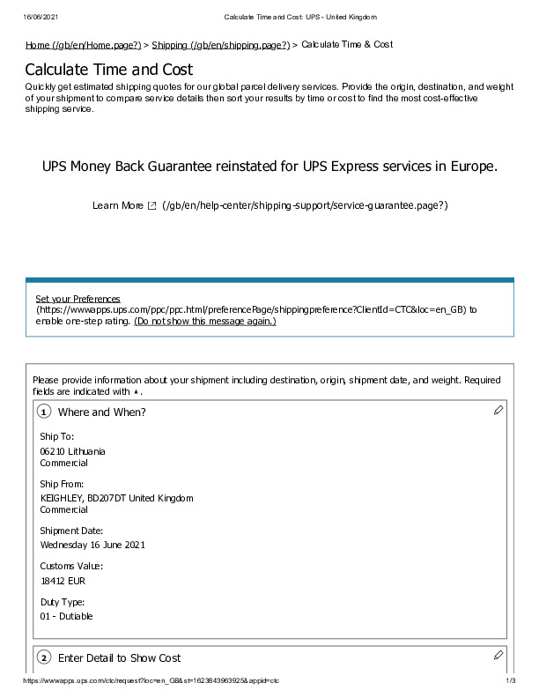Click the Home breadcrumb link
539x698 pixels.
click(83, 45)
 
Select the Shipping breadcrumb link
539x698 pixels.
click(220, 45)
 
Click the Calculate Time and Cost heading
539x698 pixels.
click(108, 70)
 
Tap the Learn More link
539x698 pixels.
click(117, 205)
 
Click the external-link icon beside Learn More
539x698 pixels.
click(151, 205)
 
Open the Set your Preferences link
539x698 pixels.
click(78, 299)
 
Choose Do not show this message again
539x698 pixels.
click(204, 322)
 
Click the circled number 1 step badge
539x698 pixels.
click(44, 412)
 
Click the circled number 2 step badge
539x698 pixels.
click(44, 658)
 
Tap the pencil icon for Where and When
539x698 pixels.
click(498, 409)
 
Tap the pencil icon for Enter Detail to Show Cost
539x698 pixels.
click(498, 655)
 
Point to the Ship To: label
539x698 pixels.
click(57, 436)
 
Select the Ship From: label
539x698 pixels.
click(62, 484)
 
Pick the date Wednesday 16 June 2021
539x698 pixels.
click(92, 545)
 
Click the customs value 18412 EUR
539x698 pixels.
click(63, 580)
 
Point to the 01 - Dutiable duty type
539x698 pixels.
click(66, 616)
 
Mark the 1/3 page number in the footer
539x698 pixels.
click(510, 681)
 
